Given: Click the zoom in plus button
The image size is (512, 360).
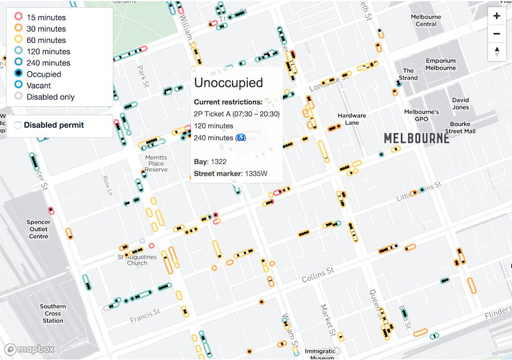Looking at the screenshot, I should point(496,16).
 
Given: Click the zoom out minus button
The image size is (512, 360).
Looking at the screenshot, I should point(496,34).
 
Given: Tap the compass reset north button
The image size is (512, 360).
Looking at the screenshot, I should point(496,52).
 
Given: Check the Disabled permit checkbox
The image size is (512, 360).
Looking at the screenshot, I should point(18,125).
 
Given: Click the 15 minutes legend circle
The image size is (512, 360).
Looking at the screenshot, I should point(18,17).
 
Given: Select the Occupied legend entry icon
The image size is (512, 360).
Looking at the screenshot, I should point(18,74).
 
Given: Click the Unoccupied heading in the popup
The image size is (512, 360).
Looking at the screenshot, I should point(229,83).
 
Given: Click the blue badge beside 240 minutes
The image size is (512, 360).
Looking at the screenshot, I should point(240,137).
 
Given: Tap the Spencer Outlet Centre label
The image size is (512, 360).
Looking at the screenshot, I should point(39,229).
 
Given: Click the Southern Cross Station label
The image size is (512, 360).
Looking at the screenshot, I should point(53,313).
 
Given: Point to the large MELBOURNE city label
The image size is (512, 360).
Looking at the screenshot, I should point(417,139).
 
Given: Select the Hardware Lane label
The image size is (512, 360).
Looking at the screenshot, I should point(352,119).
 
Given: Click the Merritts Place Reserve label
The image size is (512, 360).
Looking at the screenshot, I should point(156,164).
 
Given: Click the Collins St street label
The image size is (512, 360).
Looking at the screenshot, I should point(317,274).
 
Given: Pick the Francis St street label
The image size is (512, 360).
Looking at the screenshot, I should point(145,316).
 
